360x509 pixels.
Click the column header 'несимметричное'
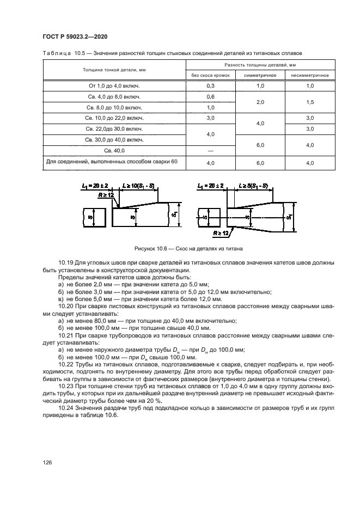(310, 75)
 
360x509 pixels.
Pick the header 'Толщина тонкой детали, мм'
(114, 70)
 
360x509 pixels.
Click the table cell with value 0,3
(210, 86)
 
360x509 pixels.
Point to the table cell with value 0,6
(210, 97)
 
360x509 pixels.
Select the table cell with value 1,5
(310, 102)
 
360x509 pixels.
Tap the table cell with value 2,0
(260, 102)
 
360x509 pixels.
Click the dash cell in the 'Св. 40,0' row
(210, 150)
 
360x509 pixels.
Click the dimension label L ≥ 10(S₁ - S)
(139, 186)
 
